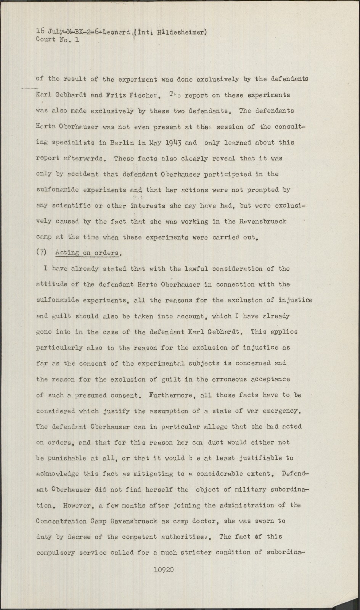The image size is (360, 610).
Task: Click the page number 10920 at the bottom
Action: pos(164,570)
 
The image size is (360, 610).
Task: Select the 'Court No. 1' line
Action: pos(58,39)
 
